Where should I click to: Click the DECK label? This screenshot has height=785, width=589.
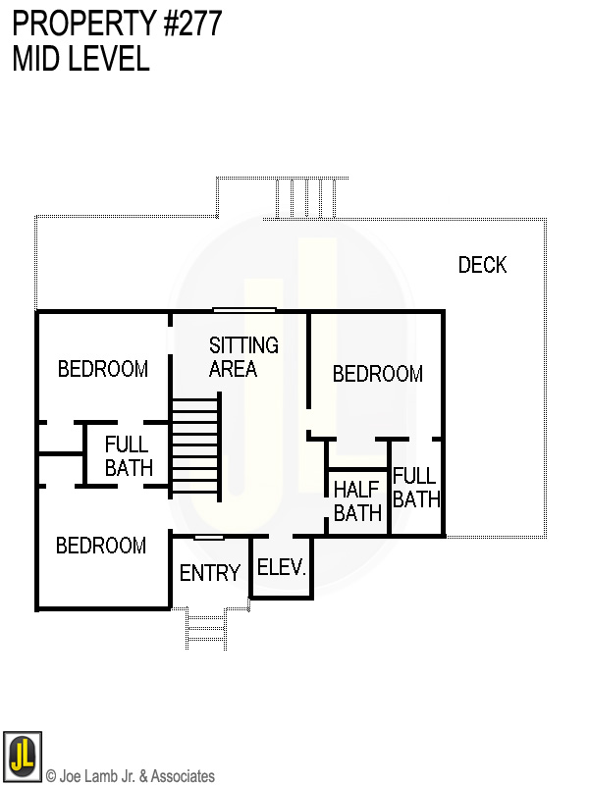[482, 265]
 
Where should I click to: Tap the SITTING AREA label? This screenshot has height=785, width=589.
[243, 357]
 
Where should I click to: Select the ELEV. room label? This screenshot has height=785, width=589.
[282, 567]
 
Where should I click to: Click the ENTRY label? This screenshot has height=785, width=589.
[210, 573]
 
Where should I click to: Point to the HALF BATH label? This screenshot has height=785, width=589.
[357, 500]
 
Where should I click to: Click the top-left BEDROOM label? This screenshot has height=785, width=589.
[103, 369]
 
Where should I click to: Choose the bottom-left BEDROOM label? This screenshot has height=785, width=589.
[101, 546]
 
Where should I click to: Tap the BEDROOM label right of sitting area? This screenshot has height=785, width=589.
[378, 374]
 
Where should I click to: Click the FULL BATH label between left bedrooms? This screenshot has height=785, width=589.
[129, 455]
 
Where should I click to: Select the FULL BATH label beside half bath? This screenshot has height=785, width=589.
[416, 488]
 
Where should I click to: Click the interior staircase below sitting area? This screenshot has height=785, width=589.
[195, 447]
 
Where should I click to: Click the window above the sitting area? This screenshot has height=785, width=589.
[244, 310]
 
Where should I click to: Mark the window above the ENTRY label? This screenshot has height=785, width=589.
[208, 537]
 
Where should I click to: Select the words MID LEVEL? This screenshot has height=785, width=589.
[80, 59]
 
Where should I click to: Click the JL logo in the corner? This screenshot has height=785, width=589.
[22, 756]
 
